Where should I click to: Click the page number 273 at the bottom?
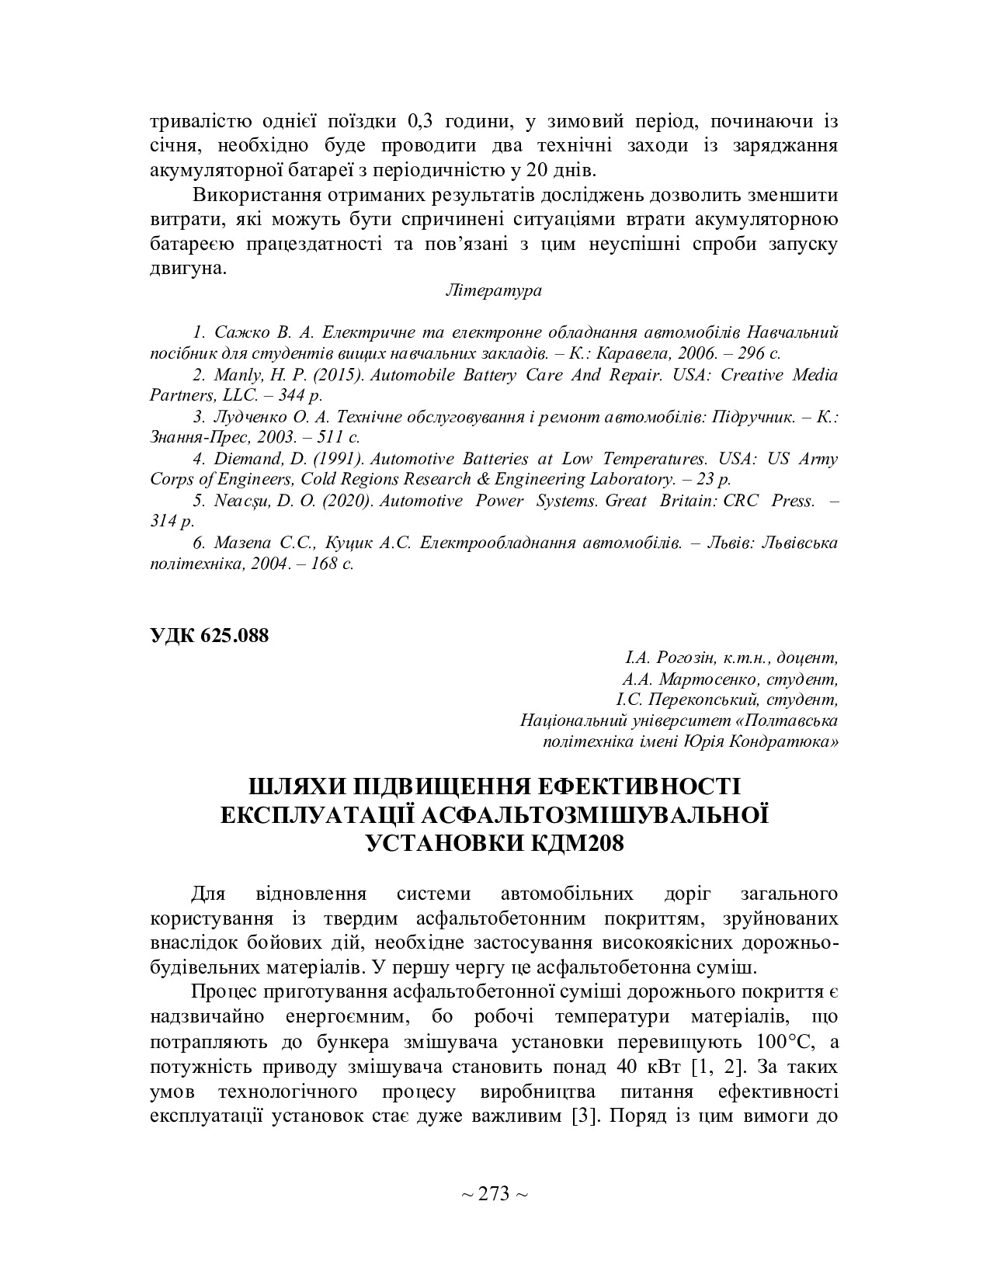pyautogui.click(x=494, y=1194)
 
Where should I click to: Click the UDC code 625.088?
pyautogui.click(x=234, y=635)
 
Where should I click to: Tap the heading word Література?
pyautogui.click(x=494, y=290)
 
